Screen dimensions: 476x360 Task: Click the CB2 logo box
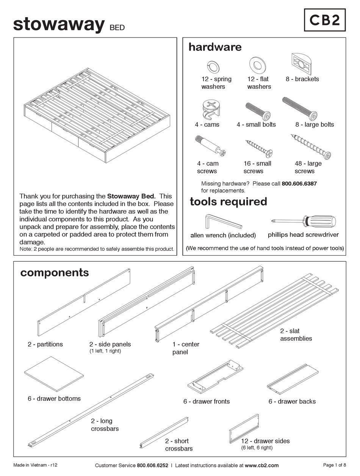(x=325, y=20)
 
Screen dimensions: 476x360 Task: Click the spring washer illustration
(x=213, y=67)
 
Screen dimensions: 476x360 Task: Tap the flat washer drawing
(x=257, y=65)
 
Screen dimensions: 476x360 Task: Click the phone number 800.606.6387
(x=299, y=184)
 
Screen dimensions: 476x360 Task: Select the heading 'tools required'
(x=228, y=201)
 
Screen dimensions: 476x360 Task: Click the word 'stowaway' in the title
(x=59, y=24)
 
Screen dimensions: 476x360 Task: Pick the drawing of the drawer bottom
(x=54, y=374)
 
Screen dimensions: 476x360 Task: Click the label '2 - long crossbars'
(x=104, y=425)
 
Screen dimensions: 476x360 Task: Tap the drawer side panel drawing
(x=244, y=429)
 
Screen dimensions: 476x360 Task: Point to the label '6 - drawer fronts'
(x=206, y=401)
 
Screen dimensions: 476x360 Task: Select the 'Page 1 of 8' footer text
(x=334, y=465)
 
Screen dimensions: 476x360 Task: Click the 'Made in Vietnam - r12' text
(x=35, y=465)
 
